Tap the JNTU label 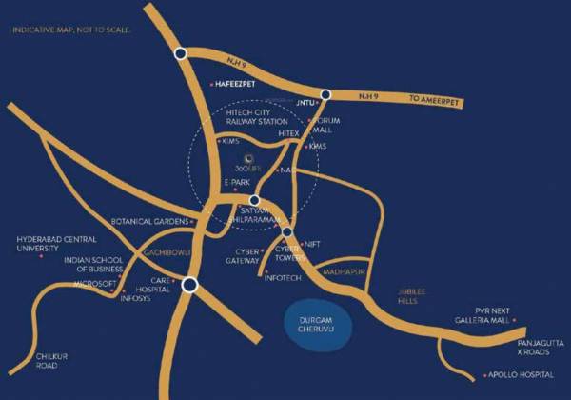click(x=305, y=102)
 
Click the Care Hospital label click(x=158, y=286)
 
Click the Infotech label click(x=284, y=276)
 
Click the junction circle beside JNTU click(x=325, y=94)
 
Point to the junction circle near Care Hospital click(x=190, y=284)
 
